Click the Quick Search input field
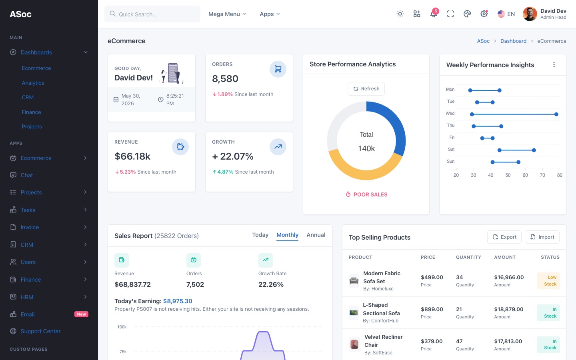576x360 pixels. [152, 14]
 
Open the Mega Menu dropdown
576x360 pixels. [227, 14]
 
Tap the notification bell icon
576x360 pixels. [434, 14]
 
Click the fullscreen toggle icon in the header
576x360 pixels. [450, 14]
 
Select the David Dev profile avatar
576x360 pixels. [530, 14]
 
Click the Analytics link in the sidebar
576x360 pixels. [33, 83]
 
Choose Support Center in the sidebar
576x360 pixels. [41, 331]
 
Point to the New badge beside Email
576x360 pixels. [81, 314]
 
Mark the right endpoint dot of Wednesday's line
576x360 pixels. [556, 114]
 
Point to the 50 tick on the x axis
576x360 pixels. [508, 175]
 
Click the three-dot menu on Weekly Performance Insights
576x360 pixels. [554, 64]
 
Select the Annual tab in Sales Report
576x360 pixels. [316, 235]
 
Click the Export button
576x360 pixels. [504, 237]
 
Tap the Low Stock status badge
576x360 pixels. [548, 280]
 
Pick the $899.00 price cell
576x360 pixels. [432, 309]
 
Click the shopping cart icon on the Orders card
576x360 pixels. [278, 69]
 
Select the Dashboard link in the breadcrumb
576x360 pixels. [513, 41]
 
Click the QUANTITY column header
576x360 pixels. [468, 257]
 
